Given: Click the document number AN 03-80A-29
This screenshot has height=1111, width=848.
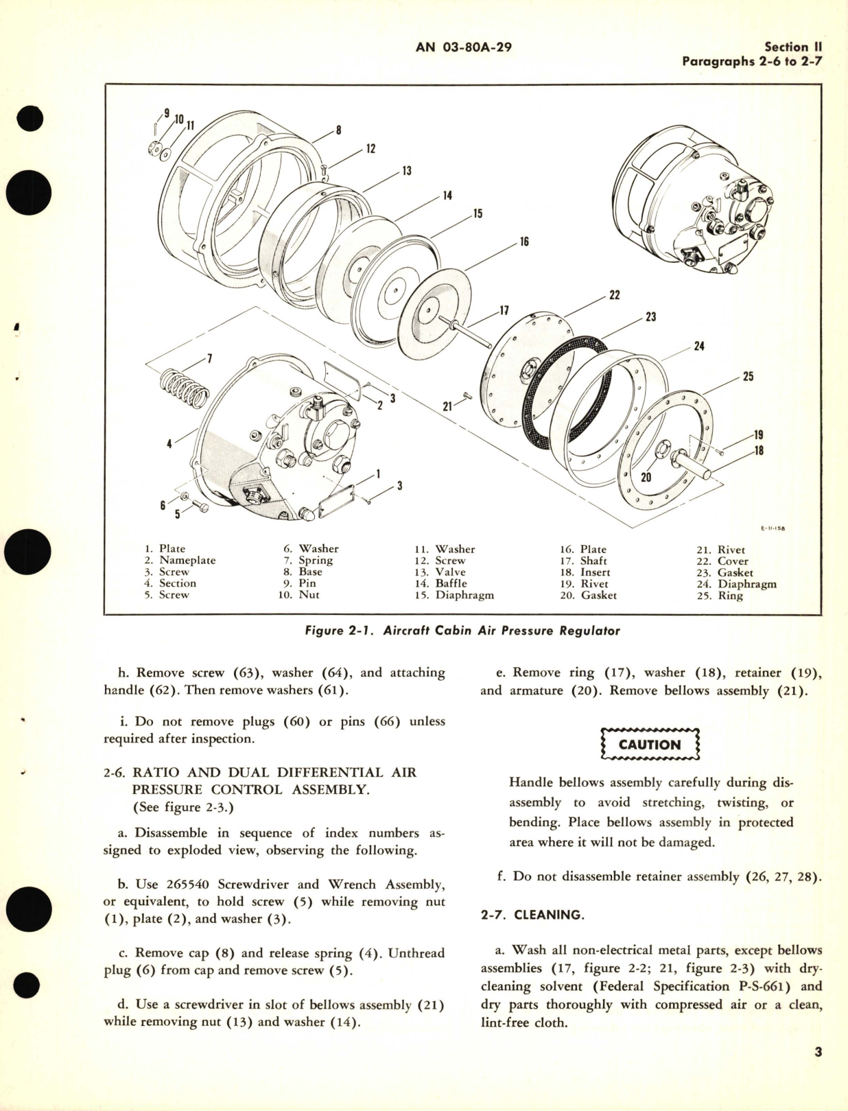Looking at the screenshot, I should pyautogui.click(x=464, y=47).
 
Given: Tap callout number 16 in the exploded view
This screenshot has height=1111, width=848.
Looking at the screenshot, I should pyautogui.click(x=524, y=242).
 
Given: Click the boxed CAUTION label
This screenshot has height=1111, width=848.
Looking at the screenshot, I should pyautogui.click(x=649, y=745).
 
